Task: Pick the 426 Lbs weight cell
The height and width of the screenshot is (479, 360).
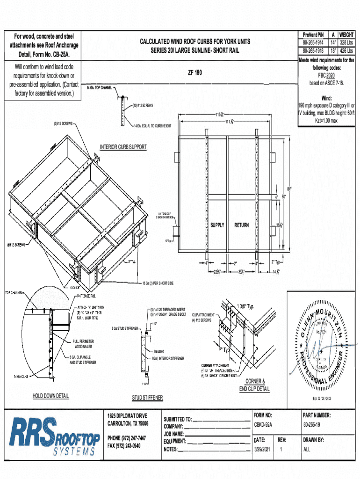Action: coord(346,51)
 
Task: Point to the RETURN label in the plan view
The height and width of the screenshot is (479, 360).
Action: coord(242,225)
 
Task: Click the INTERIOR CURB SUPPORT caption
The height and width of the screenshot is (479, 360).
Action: coord(123,147)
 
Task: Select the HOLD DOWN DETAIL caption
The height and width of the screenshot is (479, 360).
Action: coord(50,396)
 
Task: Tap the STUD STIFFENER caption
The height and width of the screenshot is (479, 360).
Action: coord(147,398)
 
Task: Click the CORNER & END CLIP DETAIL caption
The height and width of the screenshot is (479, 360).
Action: coord(255,385)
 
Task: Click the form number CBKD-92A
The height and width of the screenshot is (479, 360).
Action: coord(263,425)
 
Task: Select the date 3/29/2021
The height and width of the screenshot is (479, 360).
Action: coord(262,449)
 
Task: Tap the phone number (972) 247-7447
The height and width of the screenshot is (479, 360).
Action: coord(126,438)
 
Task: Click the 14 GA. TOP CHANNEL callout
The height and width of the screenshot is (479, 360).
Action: coord(99,88)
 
